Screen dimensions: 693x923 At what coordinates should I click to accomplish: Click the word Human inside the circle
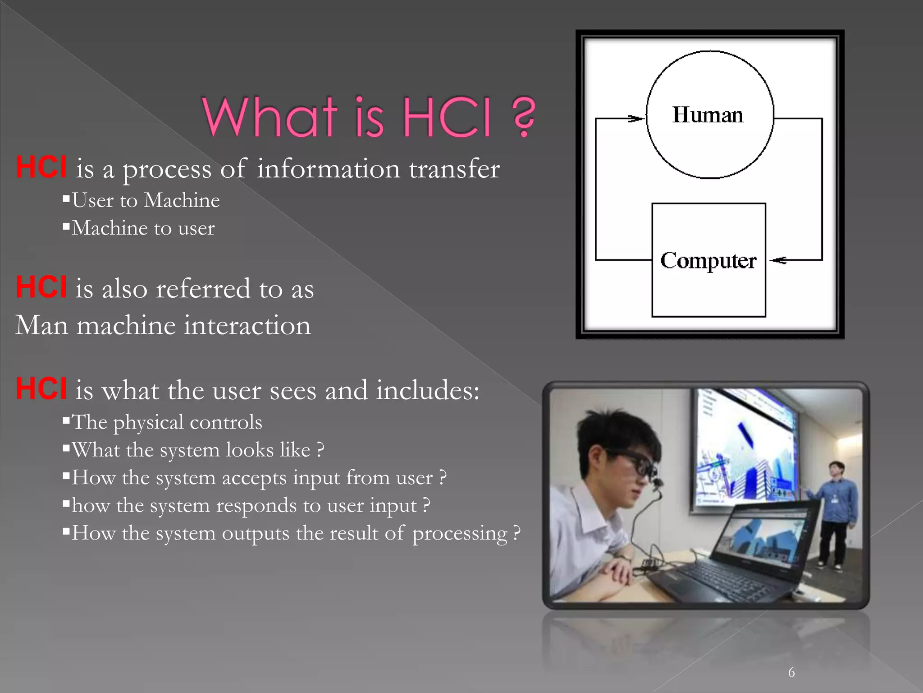(x=708, y=115)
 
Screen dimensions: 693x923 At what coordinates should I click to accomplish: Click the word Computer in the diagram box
(x=708, y=261)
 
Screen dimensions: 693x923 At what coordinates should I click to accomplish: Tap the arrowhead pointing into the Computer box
(x=779, y=260)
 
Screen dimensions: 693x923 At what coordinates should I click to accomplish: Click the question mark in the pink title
(x=524, y=116)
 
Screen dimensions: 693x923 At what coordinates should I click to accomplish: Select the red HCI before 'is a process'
(x=41, y=167)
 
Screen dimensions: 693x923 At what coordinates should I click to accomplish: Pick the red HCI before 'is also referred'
(x=41, y=287)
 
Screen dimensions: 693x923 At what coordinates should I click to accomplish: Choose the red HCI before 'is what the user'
(x=41, y=388)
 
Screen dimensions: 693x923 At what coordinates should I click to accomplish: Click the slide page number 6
(x=791, y=673)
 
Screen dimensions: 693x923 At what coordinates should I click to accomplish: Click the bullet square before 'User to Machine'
(x=66, y=198)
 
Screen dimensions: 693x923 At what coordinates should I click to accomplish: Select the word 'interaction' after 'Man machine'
(x=247, y=325)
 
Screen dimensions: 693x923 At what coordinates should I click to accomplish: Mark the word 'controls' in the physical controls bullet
(x=226, y=422)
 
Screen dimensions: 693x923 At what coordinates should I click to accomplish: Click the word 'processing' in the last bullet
(x=460, y=534)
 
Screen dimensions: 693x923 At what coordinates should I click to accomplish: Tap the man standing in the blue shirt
(x=836, y=510)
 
